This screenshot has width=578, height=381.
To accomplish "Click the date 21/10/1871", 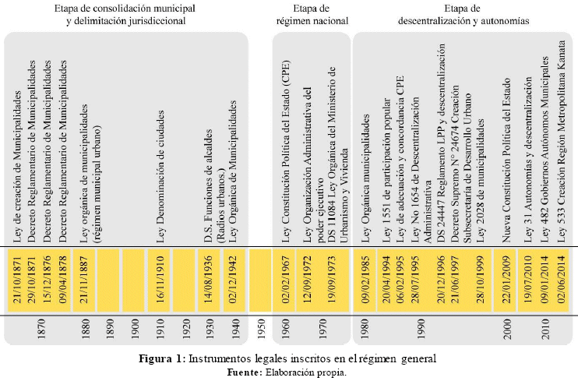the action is click(17, 280).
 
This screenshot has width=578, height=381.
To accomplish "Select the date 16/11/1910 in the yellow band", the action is click(160, 280).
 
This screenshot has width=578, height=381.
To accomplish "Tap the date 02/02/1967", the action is click(285, 280).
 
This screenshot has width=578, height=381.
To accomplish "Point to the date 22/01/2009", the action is click(506, 280).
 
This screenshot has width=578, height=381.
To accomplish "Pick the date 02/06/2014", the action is click(562, 280).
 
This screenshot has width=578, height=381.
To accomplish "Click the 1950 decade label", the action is click(261, 330).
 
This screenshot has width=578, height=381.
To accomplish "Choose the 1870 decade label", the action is click(41, 330).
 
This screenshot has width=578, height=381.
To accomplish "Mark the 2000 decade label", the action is click(507, 330).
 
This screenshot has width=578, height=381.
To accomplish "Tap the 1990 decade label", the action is click(421, 330).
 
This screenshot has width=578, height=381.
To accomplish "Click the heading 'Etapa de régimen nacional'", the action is click(312, 15).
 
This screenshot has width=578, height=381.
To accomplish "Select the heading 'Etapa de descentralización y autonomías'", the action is click(463, 15).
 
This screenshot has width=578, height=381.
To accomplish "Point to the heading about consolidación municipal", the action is click(125, 15).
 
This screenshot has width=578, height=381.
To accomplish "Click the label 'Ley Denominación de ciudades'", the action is click(160, 176).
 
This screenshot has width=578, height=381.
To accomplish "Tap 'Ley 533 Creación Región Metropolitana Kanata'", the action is click(562, 141).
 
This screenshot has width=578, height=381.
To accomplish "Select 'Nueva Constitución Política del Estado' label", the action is click(506, 160).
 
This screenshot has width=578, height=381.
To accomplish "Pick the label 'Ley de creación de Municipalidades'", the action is click(17, 166).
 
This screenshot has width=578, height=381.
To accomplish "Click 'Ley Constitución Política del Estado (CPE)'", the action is click(286, 151).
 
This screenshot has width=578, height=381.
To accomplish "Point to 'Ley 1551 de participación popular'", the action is click(386, 170).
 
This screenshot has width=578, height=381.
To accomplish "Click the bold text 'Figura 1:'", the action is click(162, 358).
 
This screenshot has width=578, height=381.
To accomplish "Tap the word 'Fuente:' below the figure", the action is click(245, 372).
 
